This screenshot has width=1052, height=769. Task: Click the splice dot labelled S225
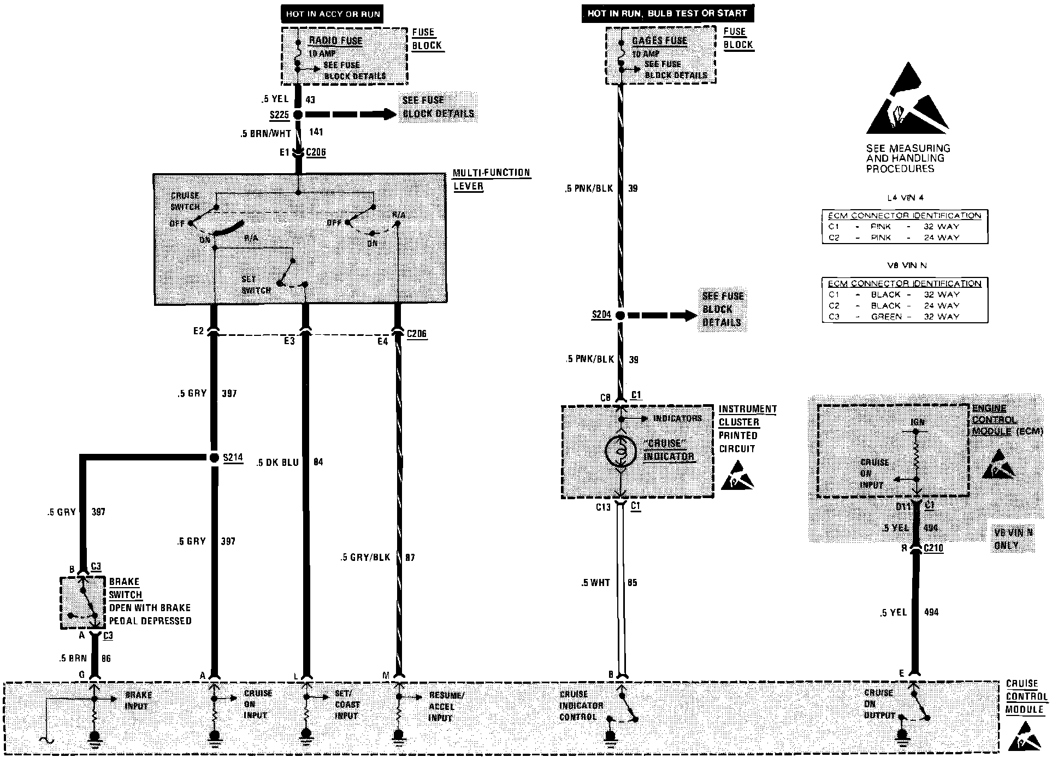tap(298, 115)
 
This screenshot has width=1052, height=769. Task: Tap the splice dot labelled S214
tap(214, 458)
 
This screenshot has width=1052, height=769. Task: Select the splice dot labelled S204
tap(620, 315)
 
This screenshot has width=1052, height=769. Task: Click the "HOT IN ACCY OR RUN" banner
tap(333, 14)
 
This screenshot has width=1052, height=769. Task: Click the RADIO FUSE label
tap(335, 40)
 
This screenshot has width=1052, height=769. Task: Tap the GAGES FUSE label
tap(659, 40)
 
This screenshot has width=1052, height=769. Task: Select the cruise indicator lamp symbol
tap(620, 451)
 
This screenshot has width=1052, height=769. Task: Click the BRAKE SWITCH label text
tap(125, 588)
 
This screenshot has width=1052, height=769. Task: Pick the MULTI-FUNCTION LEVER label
tap(491, 179)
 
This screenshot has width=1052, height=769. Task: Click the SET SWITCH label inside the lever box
tap(256, 285)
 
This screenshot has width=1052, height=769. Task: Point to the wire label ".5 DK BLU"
tap(277, 463)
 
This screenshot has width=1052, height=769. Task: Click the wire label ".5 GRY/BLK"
tap(365, 557)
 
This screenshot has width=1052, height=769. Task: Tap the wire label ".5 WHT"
tap(595, 583)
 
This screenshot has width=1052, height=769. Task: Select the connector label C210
tap(933, 548)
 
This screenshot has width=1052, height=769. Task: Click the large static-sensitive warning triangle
tap(907, 101)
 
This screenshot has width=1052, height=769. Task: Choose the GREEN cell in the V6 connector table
tap(886, 317)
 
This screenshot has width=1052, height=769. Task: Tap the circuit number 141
tap(316, 132)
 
